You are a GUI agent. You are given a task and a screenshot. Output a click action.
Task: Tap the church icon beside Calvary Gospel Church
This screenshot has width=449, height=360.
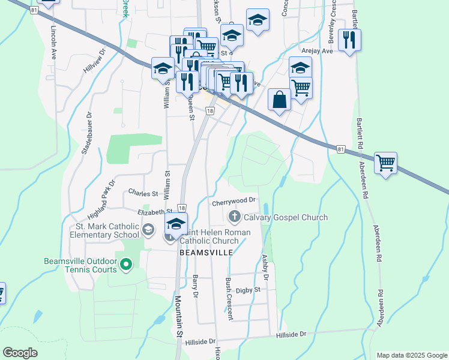pos(234,217)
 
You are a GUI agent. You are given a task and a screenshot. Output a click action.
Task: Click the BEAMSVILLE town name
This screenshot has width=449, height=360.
pos(206,253)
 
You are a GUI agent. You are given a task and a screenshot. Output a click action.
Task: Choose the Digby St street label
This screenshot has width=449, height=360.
pos(247,289)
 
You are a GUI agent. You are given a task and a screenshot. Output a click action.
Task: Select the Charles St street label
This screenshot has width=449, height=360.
pos(143,193)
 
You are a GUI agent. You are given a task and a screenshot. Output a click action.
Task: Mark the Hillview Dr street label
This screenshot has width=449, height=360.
pos(94,60)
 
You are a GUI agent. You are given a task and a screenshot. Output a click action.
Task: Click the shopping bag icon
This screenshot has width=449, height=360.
pos(280,100)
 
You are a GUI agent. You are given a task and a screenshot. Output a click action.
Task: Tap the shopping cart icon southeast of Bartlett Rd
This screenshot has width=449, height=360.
pos(385,162)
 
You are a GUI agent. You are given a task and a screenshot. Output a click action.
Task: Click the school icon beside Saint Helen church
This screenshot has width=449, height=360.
pos(176,224)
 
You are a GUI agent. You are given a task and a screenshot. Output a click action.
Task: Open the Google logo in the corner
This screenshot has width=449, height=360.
pos(20,353)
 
